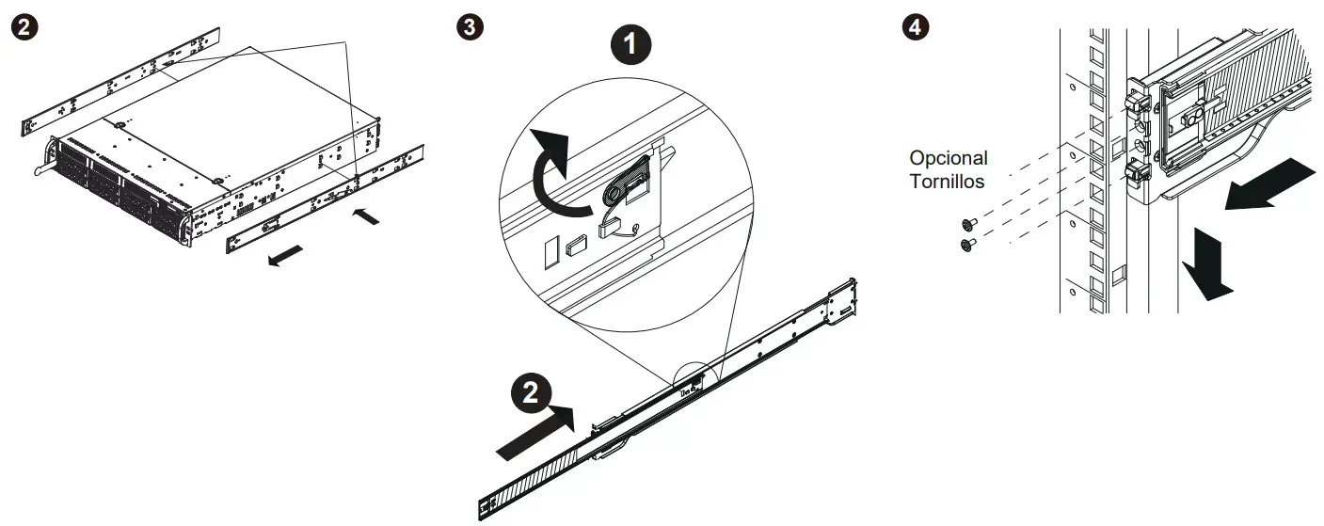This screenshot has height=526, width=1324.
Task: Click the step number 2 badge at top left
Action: coord(30,25)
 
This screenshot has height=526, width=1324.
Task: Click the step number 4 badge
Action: coord(912,25)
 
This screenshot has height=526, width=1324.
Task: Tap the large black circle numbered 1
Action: coord(632,42)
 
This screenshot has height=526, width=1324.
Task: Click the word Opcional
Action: coord(949,158)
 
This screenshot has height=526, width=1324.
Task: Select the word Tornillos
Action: coord(947,181)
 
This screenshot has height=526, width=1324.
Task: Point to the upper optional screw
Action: coord(967,224)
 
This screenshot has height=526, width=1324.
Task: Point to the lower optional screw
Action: coord(967,245)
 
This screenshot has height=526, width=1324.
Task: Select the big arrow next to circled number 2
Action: coord(534,431)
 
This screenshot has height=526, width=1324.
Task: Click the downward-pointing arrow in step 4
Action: coord(1207,266)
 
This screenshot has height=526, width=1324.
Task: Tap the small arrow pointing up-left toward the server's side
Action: coord(368,216)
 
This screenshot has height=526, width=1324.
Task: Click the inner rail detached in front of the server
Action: coord(325,199)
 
